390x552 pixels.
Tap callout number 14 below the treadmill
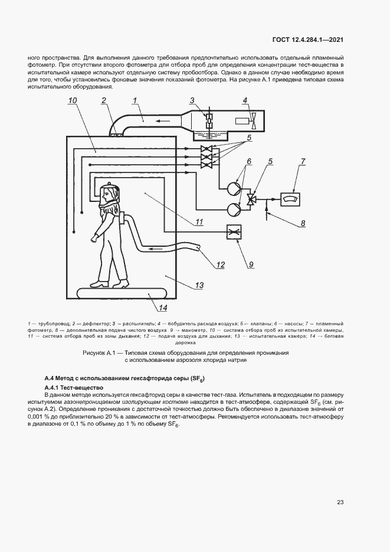[x=162, y=307]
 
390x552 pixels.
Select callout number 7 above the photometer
[x=303, y=161]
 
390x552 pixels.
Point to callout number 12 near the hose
[x=220, y=265]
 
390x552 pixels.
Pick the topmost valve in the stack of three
[x=207, y=148]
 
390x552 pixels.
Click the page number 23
[x=340, y=502]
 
